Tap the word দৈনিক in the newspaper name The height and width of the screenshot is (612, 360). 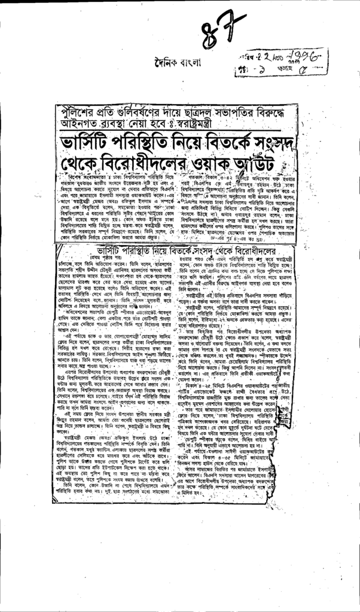coord(164,63)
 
